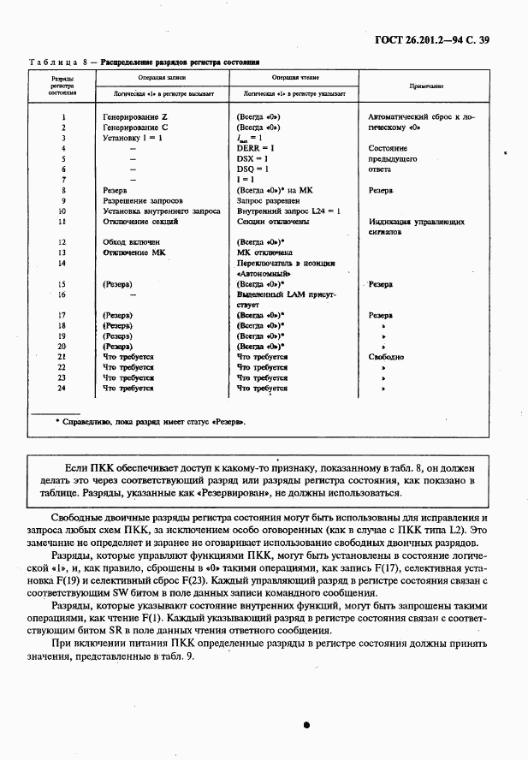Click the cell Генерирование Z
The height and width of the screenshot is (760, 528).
[x=135, y=115]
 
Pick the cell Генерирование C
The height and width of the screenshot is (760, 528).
[x=135, y=126]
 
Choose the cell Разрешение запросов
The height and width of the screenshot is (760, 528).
[x=142, y=200]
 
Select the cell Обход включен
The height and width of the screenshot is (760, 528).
[x=131, y=243]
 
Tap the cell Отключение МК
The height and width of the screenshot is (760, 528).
[x=133, y=253]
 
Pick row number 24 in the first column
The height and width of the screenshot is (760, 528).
[x=62, y=388]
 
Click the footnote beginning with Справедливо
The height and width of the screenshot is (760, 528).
[x=150, y=422]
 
